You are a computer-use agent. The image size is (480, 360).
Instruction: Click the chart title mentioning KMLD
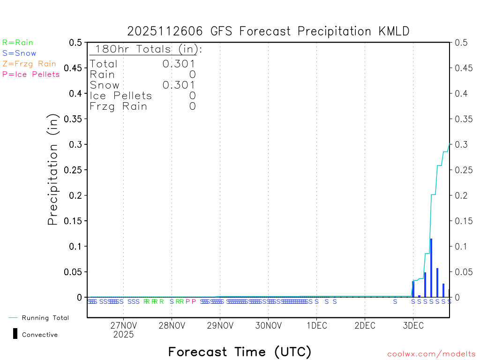pyautogui.click(x=268, y=31)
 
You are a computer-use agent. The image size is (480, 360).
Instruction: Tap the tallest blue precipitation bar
pyautogui.click(x=431, y=267)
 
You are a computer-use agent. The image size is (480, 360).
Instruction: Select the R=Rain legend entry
pyautogui.click(x=18, y=43)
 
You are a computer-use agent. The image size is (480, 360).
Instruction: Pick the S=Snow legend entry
pyautogui.click(x=19, y=53)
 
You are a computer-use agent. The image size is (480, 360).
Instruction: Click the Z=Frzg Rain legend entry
pyautogui.click(x=29, y=64)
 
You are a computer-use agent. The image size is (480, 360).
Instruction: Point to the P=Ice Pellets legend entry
pyautogui.click(x=31, y=74)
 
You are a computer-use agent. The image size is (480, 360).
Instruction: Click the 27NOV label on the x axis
pyautogui.click(x=123, y=326)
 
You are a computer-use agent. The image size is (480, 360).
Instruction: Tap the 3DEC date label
pyautogui.click(x=413, y=326)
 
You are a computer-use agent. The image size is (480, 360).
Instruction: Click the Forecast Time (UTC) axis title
pyautogui.click(x=240, y=352)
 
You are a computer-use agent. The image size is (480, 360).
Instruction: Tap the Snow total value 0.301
pyautogui.click(x=179, y=85)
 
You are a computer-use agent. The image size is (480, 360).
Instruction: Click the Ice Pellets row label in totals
pyautogui.click(x=121, y=96)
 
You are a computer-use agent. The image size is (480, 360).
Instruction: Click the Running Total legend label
pyautogui.click(x=45, y=318)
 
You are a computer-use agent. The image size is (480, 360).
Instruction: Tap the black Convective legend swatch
pyautogui.click(x=15, y=334)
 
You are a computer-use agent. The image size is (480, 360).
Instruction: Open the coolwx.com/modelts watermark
pyautogui.click(x=432, y=354)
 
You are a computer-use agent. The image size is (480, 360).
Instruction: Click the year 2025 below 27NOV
pyautogui.click(x=123, y=335)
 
